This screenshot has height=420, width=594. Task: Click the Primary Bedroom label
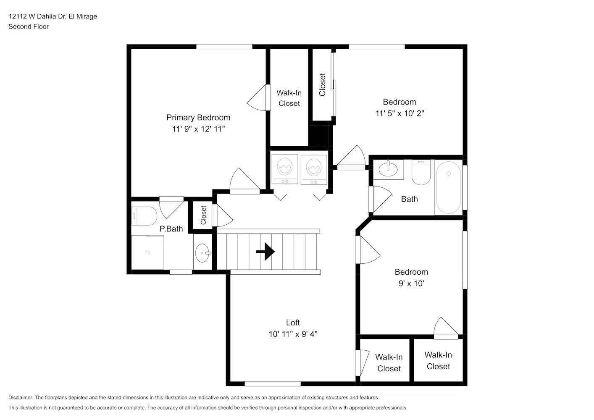click(x=198, y=118)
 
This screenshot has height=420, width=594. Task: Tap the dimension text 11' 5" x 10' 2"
click(x=400, y=113)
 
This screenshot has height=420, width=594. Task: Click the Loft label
click(x=293, y=323)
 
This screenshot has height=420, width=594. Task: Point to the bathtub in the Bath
click(x=448, y=187)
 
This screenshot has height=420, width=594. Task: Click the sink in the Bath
click(x=388, y=169)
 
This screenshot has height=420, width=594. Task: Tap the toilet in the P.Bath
click(x=144, y=216)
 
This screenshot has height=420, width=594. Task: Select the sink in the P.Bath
click(x=202, y=253)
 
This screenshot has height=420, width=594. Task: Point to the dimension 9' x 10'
click(x=411, y=283)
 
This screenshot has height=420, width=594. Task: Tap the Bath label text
click(x=410, y=199)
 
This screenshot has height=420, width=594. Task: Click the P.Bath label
click(x=171, y=229)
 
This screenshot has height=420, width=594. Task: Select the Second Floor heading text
click(x=29, y=26)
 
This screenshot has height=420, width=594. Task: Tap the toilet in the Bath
click(x=421, y=173)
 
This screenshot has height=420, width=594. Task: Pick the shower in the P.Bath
click(x=147, y=252)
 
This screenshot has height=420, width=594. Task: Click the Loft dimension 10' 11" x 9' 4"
click(x=293, y=334)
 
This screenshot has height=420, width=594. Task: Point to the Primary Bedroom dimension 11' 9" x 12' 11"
click(x=198, y=129)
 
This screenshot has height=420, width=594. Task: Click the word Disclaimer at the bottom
click(x=21, y=397)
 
